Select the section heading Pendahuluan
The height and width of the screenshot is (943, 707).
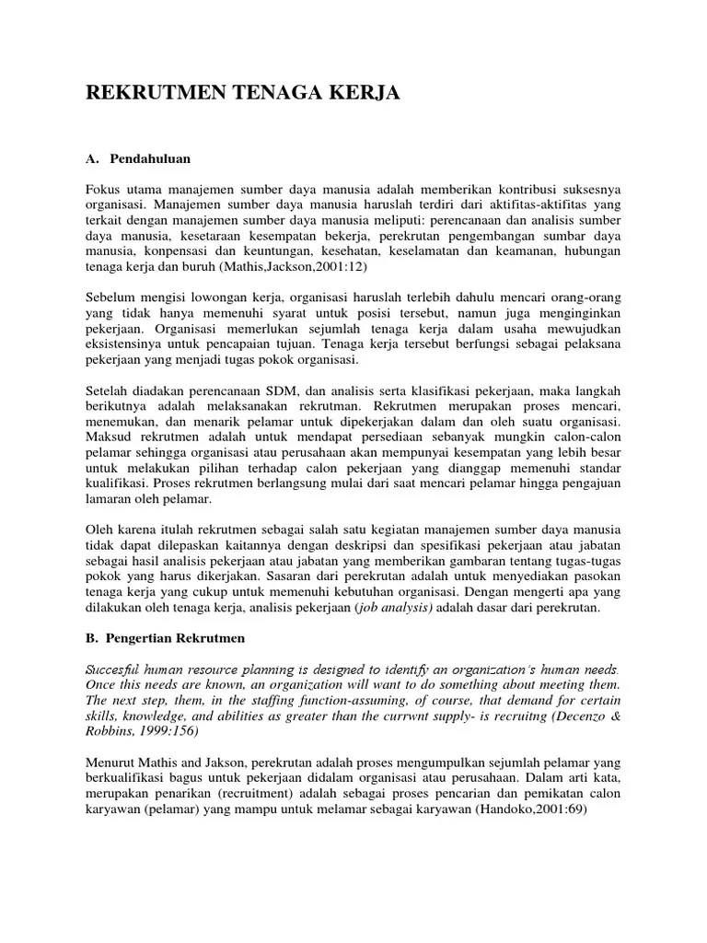pos(148,158)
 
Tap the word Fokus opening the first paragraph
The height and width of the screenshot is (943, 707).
pos(104,189)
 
